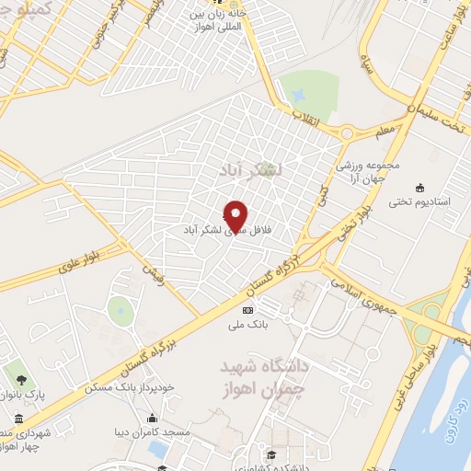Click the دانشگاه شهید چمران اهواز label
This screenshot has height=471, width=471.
[267, 377]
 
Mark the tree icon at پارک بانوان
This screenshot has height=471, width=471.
[19, 377]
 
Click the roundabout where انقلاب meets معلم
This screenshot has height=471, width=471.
[346, 134]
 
